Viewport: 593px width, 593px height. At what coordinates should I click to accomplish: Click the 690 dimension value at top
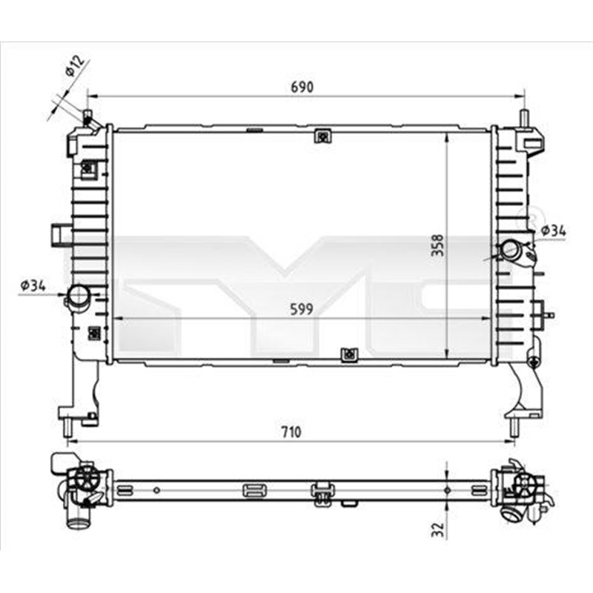[302, 87]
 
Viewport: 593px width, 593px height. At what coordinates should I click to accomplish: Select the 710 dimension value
[291, 432]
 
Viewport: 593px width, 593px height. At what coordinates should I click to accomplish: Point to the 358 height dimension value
[438, 246]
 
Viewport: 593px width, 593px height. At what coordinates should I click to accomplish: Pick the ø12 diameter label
[74, 67]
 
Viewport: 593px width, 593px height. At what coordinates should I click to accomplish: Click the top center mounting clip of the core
[322, 136]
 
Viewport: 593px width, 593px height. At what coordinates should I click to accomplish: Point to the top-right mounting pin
[524, 119]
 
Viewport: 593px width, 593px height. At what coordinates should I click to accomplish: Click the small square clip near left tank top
[88, 170]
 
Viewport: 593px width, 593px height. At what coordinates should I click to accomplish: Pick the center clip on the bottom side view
[322, 493]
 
